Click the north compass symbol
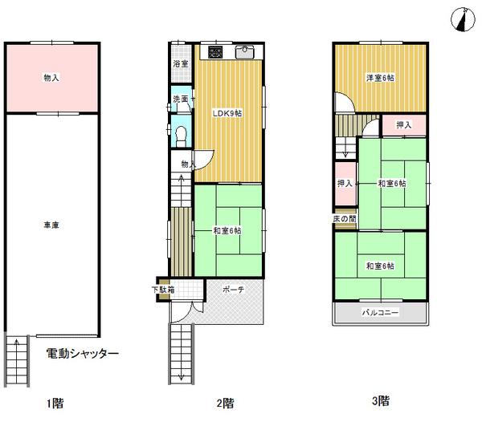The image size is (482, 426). [461, 18]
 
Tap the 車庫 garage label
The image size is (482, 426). [51, 225]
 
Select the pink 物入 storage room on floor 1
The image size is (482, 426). [51, 78]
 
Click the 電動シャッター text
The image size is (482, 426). [83, 353]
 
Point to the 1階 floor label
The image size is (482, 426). [53, 402]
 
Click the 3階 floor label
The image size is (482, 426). [381, 400]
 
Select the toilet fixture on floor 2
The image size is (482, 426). [180, 134]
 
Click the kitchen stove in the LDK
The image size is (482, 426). [215, 53]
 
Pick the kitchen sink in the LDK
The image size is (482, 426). [245, 53]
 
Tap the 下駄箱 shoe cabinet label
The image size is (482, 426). [163, 290]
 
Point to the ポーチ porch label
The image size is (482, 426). [234, 290]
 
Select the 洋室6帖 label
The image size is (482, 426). [380, 77]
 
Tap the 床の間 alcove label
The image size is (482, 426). [345, 219]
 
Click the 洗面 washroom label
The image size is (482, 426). [180, 99]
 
